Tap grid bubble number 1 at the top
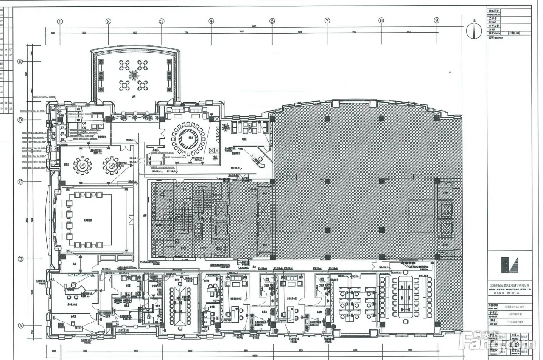pos(60,21)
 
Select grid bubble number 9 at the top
pos(437,20)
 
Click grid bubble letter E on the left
pos(20,61)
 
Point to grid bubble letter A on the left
pos(20,326)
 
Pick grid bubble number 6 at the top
pos(272,21)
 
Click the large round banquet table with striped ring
pos(188,139)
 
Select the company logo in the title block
pos(509,265)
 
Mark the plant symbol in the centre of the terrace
pos(134,76)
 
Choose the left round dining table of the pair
pos(82,166)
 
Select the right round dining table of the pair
pos(112,166)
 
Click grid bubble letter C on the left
pos(20,182)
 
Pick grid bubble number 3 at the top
pos(161,21)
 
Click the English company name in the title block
pos(509,289)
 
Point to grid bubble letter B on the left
pos(20,259)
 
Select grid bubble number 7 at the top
pos(327,20)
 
